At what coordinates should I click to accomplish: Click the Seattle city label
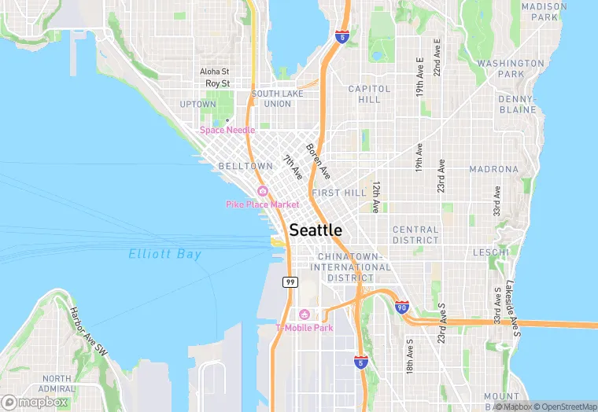pos(316,230)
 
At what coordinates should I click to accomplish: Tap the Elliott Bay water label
pos(165,254)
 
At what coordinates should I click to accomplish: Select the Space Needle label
pos(227,130)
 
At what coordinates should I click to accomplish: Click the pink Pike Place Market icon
pos(263,192)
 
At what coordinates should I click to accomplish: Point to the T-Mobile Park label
pos(304,327)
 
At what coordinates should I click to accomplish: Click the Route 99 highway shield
pos(290,282)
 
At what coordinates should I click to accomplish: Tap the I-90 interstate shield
pos(402,307)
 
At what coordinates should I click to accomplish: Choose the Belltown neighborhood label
pos(245,167)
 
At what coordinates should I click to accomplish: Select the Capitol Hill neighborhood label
pos(364,94)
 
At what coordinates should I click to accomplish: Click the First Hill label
pos(339,193)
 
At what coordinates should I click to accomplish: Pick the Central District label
pos(415,234)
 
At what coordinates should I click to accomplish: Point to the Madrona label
pos(494,169)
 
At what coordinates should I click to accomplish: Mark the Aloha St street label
pos(214,72)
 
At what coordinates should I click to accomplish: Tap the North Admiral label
pos(57,384)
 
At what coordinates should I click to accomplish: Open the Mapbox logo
pos(35,402)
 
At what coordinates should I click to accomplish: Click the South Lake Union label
pos(271,98)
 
